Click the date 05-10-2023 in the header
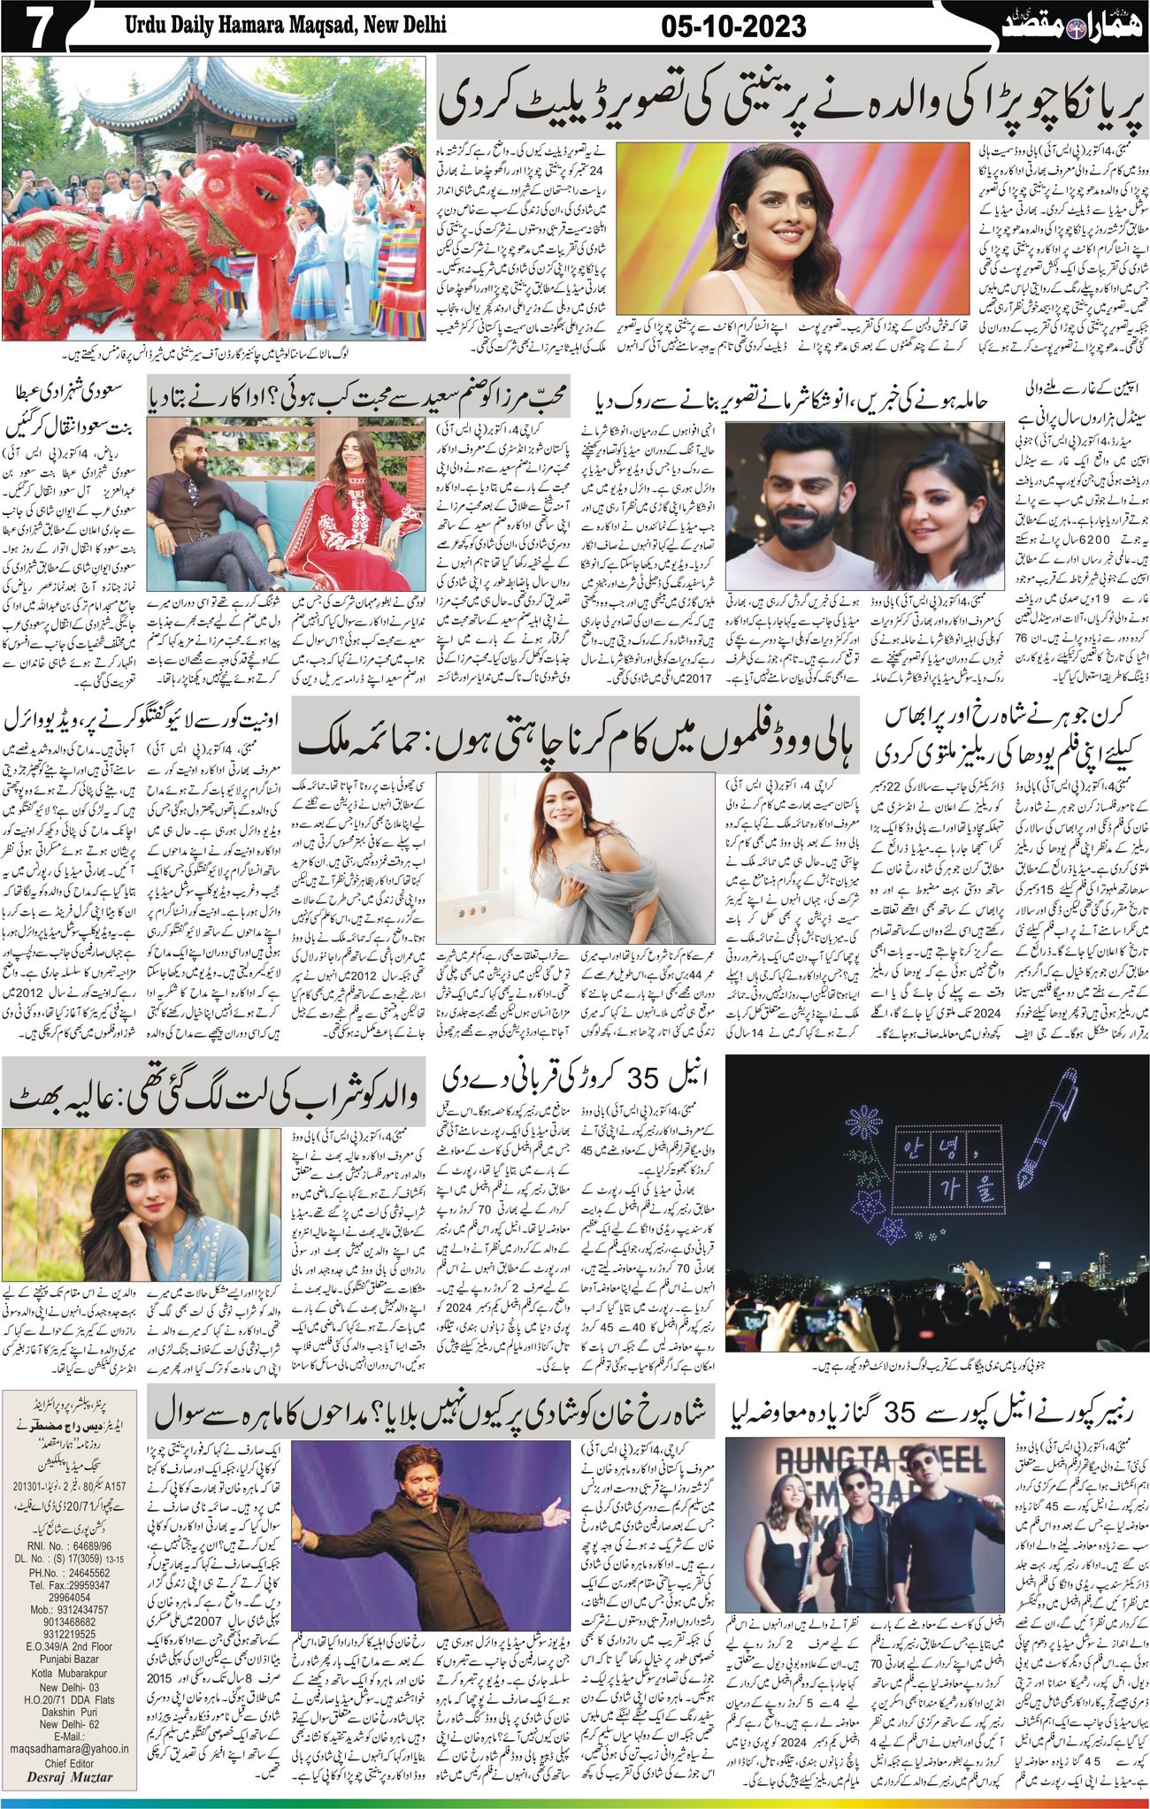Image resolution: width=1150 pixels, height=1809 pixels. [733, 27]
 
